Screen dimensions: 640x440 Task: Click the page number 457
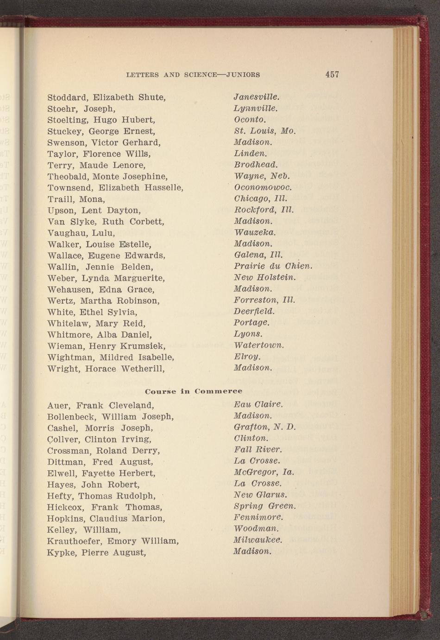click(332, 74)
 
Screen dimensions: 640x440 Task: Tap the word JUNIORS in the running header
click(243, 75)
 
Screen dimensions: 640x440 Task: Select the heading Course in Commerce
click(194, 391)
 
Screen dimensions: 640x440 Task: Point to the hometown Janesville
click(257, 97)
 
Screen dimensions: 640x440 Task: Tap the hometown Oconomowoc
click(263, 188)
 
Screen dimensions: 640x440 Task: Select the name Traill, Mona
click(76, 199)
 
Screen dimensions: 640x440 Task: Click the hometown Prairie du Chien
click(273, 267)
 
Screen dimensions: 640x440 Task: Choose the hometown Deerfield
click(254, 311)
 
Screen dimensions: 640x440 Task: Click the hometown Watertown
click(259, 346)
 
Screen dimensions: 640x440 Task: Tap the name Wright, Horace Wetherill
click(106, 369)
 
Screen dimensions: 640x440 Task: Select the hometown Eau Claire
click(258, 405)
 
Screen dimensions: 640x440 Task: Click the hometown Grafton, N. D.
click(264, 427)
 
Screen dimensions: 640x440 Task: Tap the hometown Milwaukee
click(258, 540)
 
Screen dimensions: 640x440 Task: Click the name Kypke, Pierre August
click(96, 553)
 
